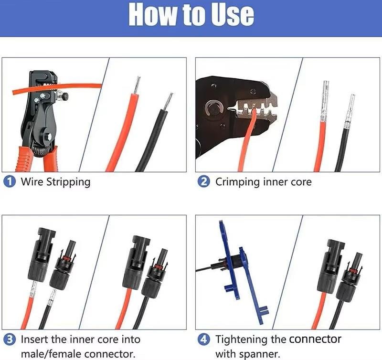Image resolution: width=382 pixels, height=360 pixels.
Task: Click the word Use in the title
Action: click(232, 14)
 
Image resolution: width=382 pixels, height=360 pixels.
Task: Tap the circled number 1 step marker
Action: click(10, 182)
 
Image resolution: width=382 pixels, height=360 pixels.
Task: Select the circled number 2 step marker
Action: click(204, 182)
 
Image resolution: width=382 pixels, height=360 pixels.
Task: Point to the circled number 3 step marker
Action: click(10, 339)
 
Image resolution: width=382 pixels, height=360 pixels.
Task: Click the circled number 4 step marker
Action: click(204, 339)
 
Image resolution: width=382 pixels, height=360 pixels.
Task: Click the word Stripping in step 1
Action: click(68, 182)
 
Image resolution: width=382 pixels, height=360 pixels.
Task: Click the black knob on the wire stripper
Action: click(65, 96)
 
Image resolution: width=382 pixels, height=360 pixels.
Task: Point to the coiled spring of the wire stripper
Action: click(42, 150)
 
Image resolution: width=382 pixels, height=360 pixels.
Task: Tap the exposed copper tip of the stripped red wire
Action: click(137, 85)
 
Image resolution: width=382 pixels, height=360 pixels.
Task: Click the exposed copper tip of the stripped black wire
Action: click(168, 102)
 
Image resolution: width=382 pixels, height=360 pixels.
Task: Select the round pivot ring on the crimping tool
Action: click(214, 108)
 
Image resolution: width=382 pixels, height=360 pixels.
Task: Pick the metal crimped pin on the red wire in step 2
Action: click(325, 102)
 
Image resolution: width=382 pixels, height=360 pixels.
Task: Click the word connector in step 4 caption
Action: click(315, 339)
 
